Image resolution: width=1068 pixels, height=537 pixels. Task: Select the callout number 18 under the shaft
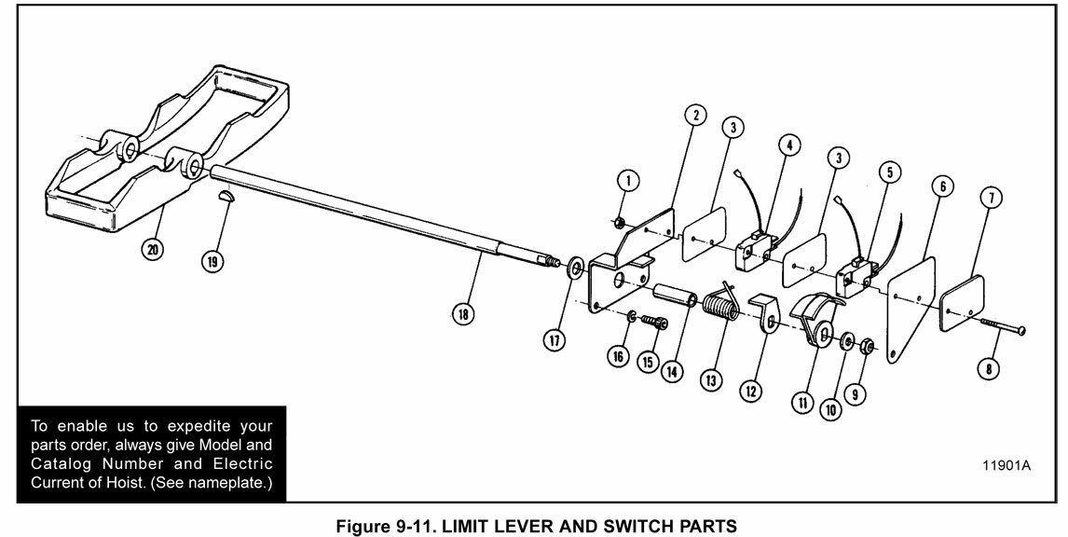click(462, 314)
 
